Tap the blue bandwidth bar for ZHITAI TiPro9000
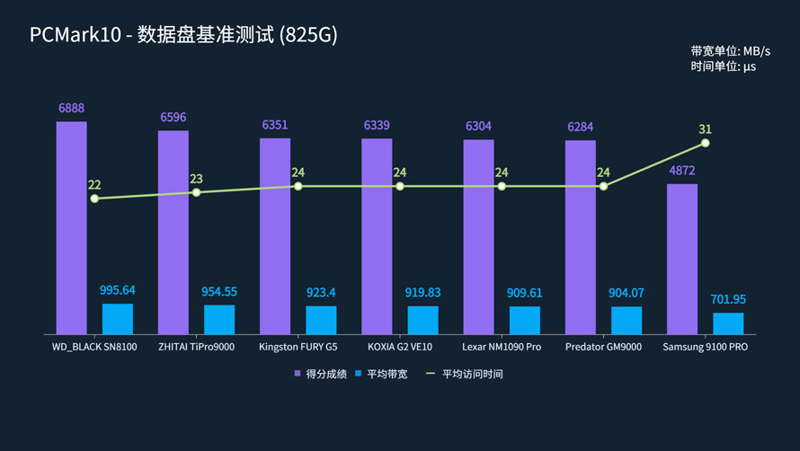click(219, 319)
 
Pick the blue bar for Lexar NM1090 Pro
click(525, 320)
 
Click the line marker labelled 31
click(706, 143)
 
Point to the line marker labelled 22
click(94, 199)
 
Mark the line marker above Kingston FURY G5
click(298, 187)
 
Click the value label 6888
click(72, 109)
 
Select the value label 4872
click(682, 171)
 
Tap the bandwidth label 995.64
click(118, 290)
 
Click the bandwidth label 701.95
click(728, 299)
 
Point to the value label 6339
click(377, 126)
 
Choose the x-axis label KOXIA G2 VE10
click(400, 347)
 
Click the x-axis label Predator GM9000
click(603, 347)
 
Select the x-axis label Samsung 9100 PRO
click(705, 347)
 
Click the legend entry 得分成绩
click(321, 374)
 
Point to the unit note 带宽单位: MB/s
click(730, 51)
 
